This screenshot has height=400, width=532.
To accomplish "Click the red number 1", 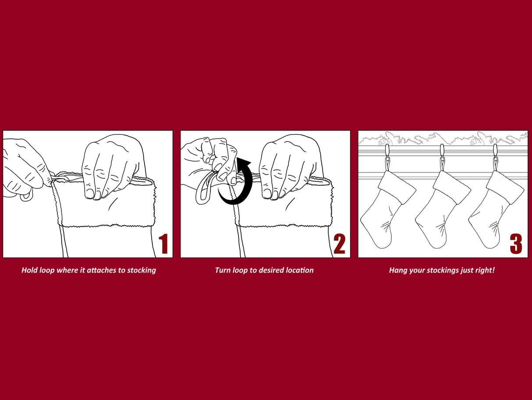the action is (x=163, y=244).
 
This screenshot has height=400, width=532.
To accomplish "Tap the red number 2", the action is (x=339, y=244).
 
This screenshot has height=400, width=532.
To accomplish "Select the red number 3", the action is (x=516, y=244).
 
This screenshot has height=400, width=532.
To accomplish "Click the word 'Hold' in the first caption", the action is (x=29, y=270).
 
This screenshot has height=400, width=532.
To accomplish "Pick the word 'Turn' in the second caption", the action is (x=223, y=270).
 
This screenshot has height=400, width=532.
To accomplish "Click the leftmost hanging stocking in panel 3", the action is (x=388, y=209).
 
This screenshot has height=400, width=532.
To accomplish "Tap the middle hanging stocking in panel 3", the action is (x=443, y=209).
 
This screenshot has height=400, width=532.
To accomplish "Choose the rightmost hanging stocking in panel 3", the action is (x=496, y=209).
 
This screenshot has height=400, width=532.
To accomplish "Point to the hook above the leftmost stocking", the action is (x=387, y=157).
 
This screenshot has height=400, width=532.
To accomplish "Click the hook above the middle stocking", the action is (x=442, y=157).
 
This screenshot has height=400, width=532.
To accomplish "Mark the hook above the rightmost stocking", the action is (x=495, y=157).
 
